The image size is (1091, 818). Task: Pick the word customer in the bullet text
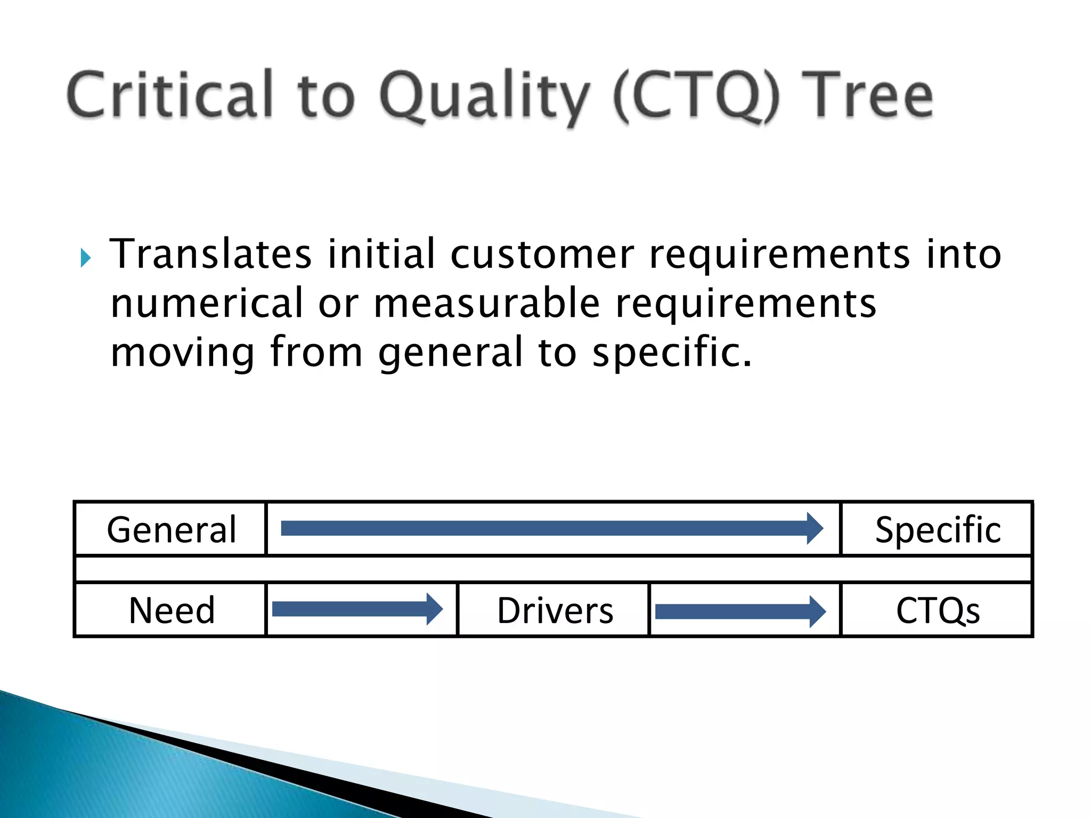[542, 255]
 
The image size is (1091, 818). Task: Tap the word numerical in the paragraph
[207, 304]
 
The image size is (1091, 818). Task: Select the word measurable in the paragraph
[486, 304]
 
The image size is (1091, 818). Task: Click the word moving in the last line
[183, 353]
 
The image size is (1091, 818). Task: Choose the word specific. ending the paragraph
[672, 353]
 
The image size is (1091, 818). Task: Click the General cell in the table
[171, 529]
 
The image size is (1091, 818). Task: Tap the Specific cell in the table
[938, 529]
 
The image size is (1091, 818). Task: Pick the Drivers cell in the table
[555, 610]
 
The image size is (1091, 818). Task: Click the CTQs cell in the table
[938, 610]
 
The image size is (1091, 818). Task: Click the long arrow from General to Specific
[551, 528]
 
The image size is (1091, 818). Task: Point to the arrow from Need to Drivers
[357, 609]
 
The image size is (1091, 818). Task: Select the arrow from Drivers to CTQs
[740, 611]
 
